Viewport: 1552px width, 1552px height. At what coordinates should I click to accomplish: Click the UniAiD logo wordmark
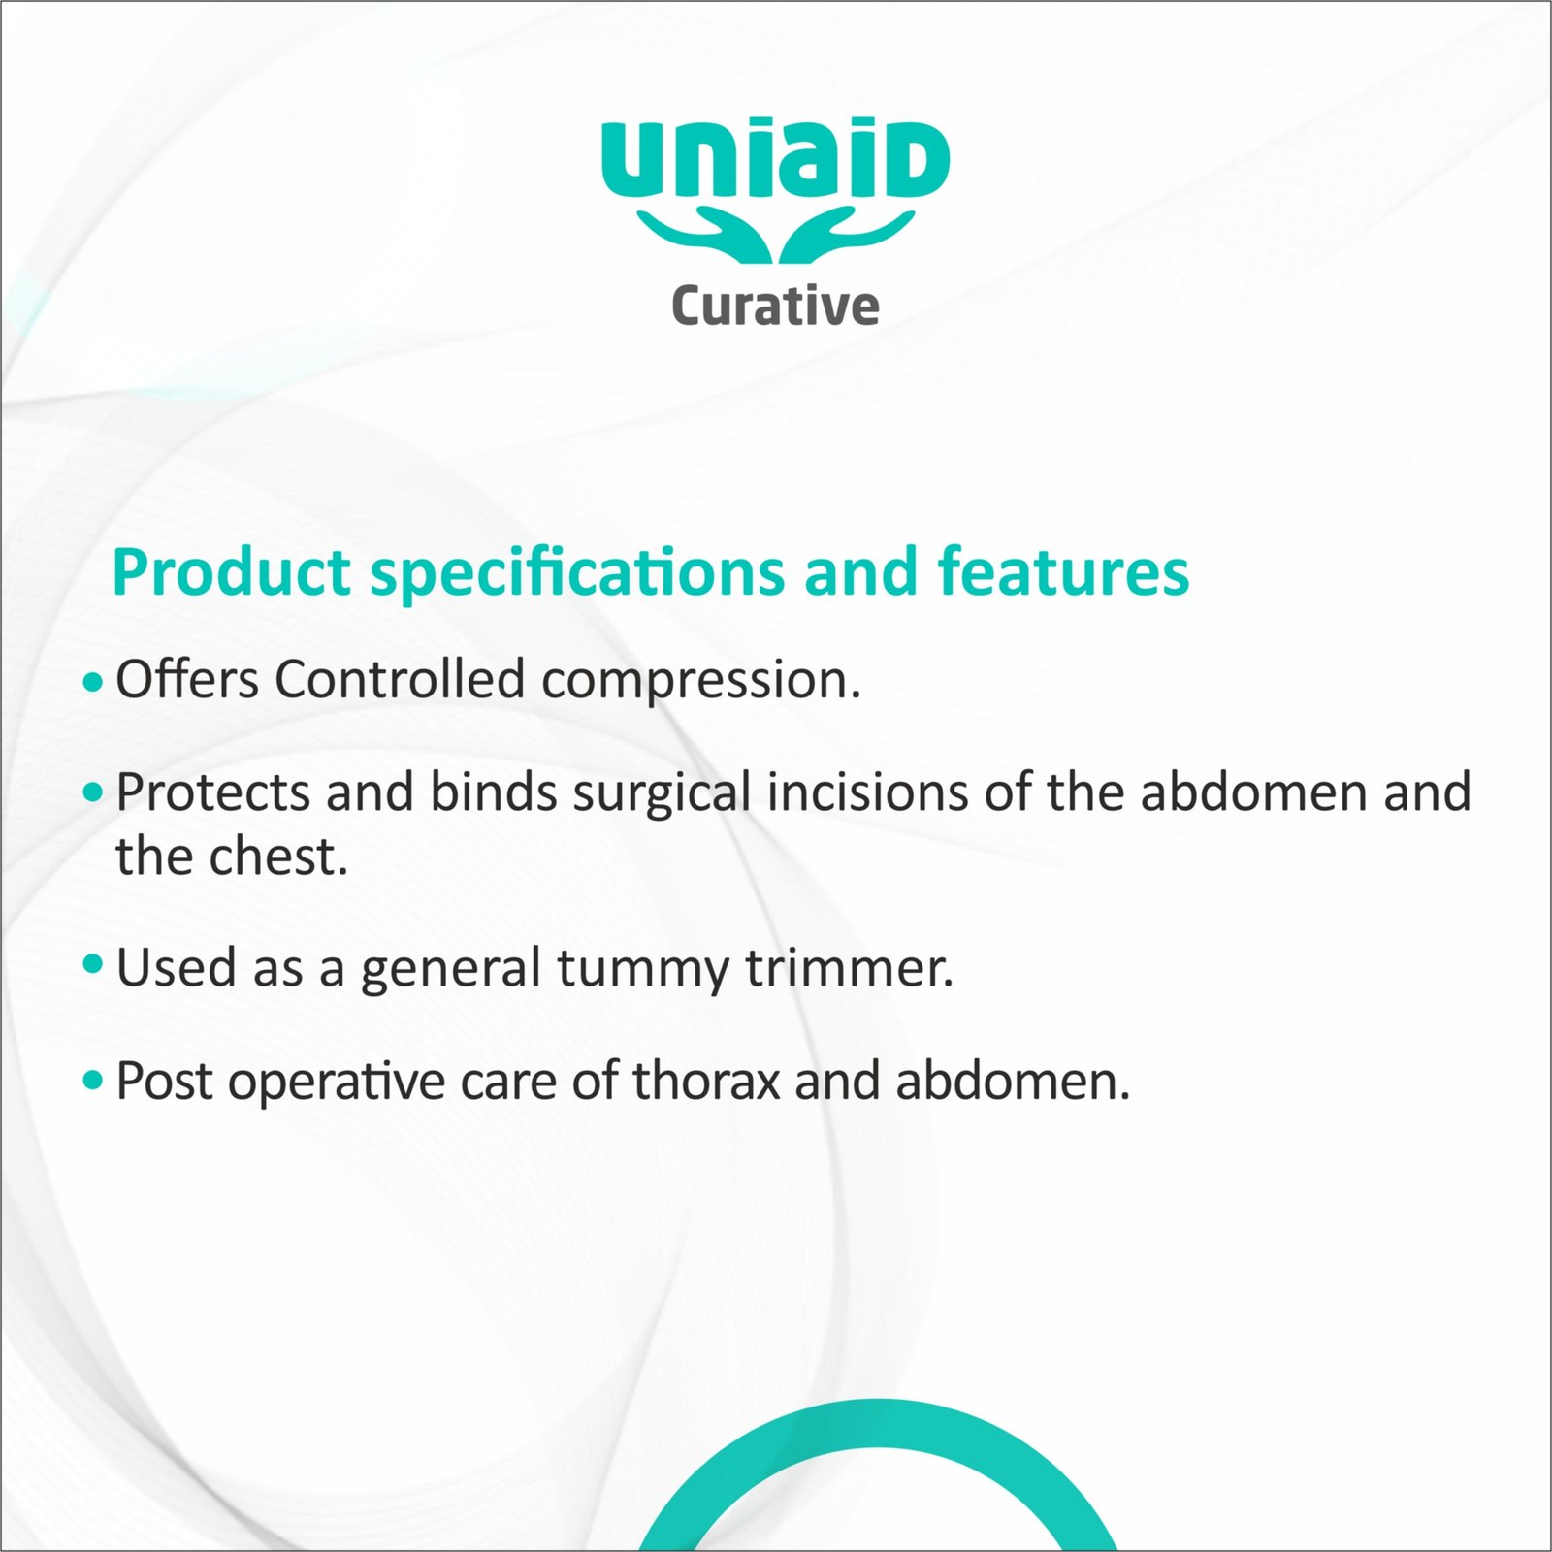(x=775, y=158)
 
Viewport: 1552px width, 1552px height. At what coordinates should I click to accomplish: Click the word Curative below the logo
(x=775, y=306)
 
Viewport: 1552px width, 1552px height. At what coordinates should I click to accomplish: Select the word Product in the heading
(x=231, y=571)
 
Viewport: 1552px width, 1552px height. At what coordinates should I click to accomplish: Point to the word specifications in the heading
(x=577, y=574)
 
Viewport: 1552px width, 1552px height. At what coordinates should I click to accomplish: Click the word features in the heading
(x=1063, y=571)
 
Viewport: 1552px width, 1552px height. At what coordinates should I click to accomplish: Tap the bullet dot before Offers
(x=93, y=682)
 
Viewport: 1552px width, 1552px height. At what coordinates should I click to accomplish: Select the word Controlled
(x=400, y=678)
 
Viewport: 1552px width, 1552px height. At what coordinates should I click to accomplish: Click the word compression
(x=701, y=682)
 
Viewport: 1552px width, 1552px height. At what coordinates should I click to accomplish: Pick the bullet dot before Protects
(x=93, y=793)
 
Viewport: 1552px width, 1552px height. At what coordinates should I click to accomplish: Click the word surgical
(x=662, y=794)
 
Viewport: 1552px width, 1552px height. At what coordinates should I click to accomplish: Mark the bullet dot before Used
(x=93, y=964)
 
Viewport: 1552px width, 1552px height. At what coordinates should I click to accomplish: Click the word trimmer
(x=850, y=967)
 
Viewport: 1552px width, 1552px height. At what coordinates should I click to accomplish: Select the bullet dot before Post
(x=93, y=1080)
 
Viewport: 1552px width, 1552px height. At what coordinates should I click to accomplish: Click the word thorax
(x=706, y=1081)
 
